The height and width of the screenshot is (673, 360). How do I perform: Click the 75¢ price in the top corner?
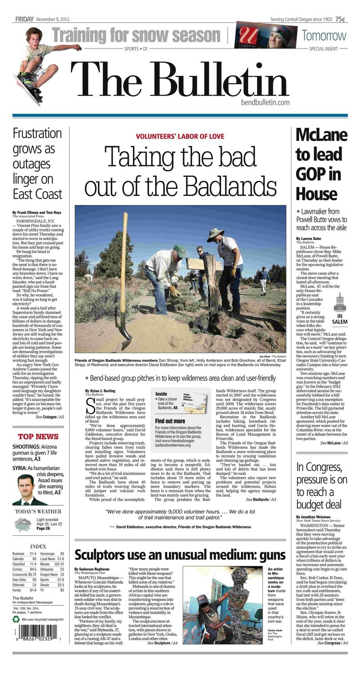[x=340, y=19]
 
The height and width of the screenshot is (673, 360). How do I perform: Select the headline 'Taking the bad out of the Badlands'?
[x=180, y=171]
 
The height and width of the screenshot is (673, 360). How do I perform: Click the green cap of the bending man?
[x=180, y=250]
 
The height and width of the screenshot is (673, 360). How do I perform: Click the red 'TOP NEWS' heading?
[x=38, y=437]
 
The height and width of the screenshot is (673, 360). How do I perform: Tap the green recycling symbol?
[x=16, y=620]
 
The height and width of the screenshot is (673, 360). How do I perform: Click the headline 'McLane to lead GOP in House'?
[x=321, y=164]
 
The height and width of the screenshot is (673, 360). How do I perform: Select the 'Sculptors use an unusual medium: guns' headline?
[x=180, y=555]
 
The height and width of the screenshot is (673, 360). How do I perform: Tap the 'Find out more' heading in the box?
[x=170, y=421]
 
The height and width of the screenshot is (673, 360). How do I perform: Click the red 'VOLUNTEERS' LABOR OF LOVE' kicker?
[x=180, y=136]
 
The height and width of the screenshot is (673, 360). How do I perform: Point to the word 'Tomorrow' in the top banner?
[x=324, y=35]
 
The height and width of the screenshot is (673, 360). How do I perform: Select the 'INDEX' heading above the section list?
[x=38, y=546]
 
